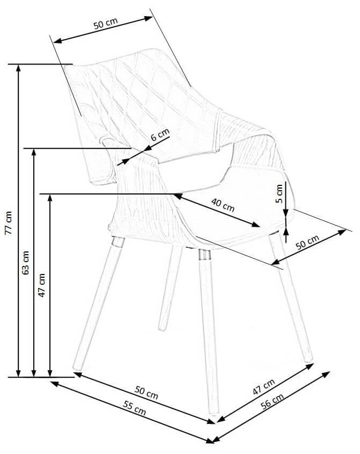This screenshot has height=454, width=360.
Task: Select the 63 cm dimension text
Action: click(25, 262)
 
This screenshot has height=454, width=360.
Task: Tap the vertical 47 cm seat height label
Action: click(42, 285)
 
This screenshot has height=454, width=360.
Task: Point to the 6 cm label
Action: click(160, 134)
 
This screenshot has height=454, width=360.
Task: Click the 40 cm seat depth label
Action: click(222, 205)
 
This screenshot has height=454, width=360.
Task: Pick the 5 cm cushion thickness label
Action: click(279, 194)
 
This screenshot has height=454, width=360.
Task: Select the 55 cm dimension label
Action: click(134, 408)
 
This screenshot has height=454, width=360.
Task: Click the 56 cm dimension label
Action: click(272, 401)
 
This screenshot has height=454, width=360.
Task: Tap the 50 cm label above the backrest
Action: click(105, 23)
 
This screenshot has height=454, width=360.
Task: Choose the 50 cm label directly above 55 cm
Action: click(146, 392)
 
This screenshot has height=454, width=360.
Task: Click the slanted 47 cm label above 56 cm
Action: click(263, 386)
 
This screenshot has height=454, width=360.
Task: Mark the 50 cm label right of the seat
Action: click(307, 242)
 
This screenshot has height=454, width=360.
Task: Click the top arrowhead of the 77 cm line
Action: click(18, 67)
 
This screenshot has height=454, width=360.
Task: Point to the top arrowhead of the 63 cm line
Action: click(34, 152)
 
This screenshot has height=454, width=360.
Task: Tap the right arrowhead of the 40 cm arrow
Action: click(256, 224)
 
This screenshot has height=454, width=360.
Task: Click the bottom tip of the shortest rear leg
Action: click(162, 329)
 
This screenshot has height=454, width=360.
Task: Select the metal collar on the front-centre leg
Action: click(205, 255)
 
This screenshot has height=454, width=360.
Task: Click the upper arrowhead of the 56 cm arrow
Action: click(326, 374)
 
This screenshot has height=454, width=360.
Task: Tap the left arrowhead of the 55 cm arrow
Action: click(54, 384)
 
